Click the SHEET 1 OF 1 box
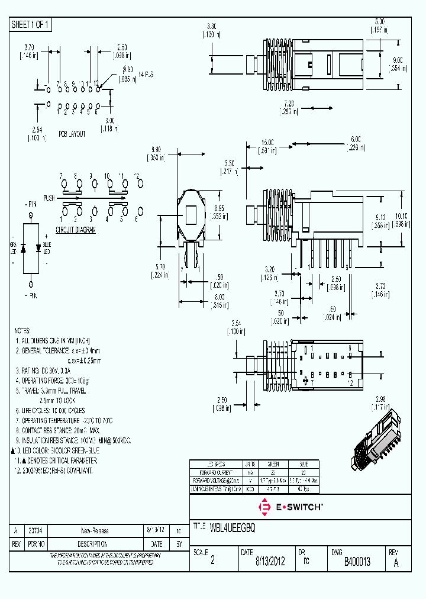pyautogui.click(x=31, y=25)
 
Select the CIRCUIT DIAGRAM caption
pyautogui.click(x=76, y=230)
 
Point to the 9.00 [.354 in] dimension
pyautogui.click(x=398, y=63)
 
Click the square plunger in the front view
pyautogui.click(x=192, y=213)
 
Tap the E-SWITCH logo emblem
pyautogui.click(x=264, y=506)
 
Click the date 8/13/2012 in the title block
pyautogui.click(x=270, y=562)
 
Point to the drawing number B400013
pyautogui.click(x=357, y=562)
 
